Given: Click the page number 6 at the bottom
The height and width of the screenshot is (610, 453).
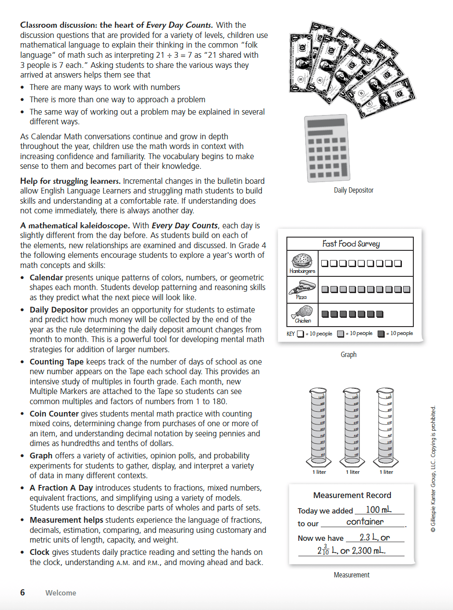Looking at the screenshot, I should [22, 592].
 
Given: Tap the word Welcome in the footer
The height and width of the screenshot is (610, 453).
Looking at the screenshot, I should [61, 593].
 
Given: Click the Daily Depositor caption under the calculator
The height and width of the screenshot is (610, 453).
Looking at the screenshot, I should [353, 190].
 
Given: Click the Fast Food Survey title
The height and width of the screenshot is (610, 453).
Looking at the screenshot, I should [351, 244].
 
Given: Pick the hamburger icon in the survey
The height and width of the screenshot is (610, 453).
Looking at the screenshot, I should [302, 260].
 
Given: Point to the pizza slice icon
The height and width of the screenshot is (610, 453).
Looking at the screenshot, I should [302, 287].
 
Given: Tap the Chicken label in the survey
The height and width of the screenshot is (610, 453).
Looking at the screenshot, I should [303, 321].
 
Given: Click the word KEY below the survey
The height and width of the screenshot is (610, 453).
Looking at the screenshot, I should [291, 334].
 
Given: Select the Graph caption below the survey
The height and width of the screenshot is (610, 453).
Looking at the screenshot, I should [348, 354].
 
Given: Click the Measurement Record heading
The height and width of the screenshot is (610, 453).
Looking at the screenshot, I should [352, 495].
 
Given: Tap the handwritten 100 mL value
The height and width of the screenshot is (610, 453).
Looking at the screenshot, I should [379, 510].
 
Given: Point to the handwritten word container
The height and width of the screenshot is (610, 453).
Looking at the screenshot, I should [365, 522].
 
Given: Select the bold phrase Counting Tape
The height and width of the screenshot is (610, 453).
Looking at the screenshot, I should [56, 362].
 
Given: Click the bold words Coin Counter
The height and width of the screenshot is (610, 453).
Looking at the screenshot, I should [54, 414].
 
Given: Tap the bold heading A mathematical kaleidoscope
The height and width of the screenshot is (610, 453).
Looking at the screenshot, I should [75, 226].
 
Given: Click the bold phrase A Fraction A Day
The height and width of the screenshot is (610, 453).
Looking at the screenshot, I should [61, 488].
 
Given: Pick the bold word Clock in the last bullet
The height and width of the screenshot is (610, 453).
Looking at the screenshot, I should [39, 552].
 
